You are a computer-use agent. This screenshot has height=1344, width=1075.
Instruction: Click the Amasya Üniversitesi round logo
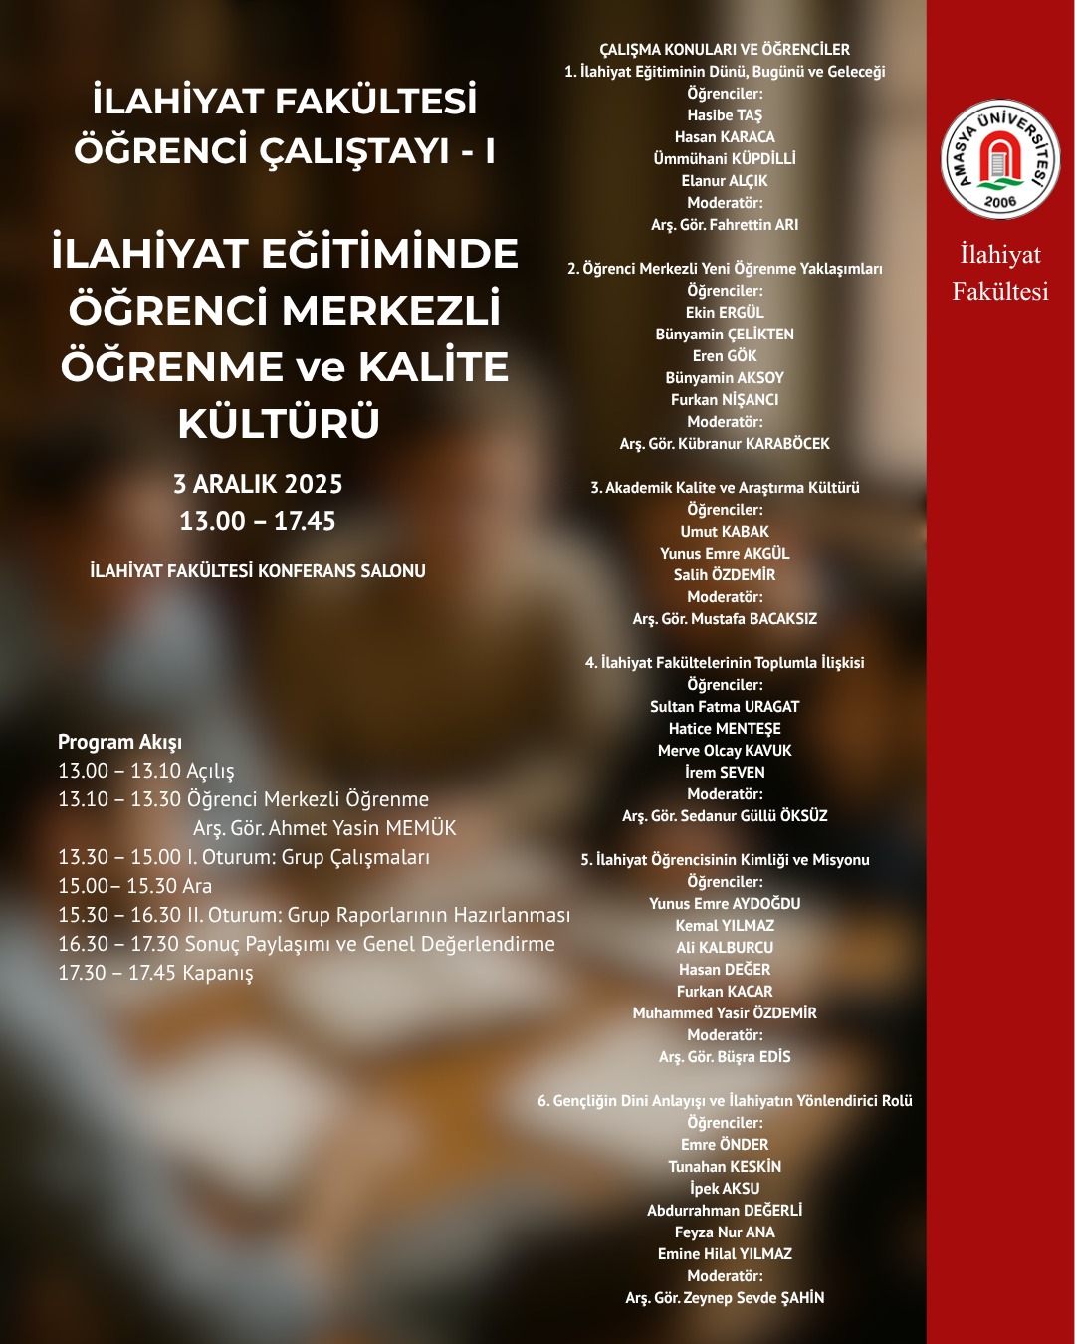(1000, 159)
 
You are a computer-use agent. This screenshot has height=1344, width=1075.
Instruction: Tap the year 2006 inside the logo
(1000, 202)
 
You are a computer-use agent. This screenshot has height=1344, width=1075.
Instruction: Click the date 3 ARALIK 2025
(258, 485)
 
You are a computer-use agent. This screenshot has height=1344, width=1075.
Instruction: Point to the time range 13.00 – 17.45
(258, 521)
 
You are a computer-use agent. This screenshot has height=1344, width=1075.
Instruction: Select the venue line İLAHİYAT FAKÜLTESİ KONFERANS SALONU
(258, 571)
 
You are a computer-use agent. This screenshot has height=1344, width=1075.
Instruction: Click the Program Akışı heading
(119, 742)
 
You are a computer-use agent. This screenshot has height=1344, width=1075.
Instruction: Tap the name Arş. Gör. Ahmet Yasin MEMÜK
(324, 828)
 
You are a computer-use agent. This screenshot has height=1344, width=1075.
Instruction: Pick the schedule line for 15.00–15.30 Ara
(134, 886)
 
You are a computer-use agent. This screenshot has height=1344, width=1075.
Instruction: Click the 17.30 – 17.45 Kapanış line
(155, 973)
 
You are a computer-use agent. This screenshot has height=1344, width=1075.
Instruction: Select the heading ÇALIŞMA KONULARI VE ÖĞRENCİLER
(725, 50)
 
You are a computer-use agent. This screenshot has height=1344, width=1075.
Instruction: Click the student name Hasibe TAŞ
(725, 115)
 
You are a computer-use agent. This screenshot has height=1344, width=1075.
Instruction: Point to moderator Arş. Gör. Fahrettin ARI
(725, 225)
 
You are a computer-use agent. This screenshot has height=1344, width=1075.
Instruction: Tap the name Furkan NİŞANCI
(725, 400)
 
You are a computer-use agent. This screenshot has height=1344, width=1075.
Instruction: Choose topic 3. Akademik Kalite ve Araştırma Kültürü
(725, 488)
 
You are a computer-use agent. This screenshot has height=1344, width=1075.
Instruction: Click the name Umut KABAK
(725, 532)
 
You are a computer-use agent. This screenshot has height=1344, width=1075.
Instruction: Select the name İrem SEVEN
(725, 773)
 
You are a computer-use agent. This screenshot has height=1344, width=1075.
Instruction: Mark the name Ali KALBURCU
(725, 948)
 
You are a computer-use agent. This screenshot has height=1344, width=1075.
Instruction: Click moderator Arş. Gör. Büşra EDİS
(725, 1057)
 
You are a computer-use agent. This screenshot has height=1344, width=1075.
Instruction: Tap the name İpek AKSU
(725, 1189)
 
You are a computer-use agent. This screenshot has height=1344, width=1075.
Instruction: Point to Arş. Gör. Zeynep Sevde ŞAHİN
(725, 1298)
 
